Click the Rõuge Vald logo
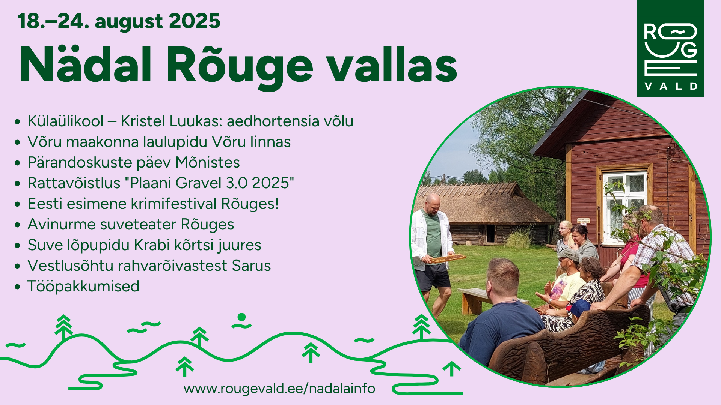pos(671,48)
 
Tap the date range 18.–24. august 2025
pos(119,21)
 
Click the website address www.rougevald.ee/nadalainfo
pos(279,388)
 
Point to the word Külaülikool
pos(65,121)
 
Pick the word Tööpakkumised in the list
pos(83,286)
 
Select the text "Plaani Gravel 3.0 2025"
pos(209,183)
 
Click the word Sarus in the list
pos(251,265)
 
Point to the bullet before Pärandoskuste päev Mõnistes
pos(17,163)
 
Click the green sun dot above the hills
pos(242,317)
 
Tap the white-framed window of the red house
pos(625,206)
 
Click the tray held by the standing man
pos(448,258)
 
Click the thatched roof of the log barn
pos(481,204)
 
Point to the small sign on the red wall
pos(583,221)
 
